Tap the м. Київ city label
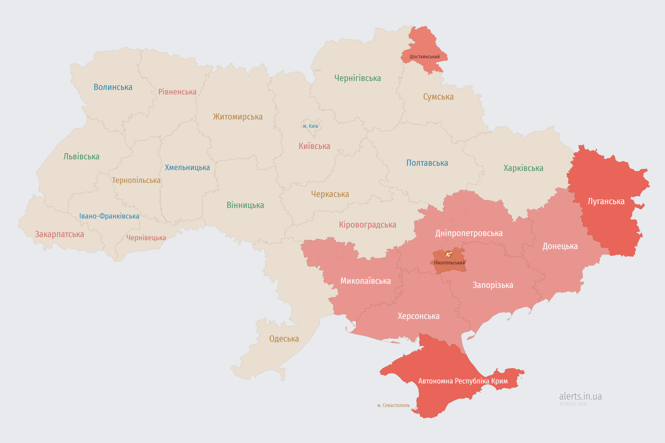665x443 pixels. (311, 126)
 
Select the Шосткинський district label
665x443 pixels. (424, 57)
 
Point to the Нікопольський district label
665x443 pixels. (449, 263)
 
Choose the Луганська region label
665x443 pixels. (606, 201)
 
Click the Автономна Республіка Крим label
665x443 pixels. (463, 381)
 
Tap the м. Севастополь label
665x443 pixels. (393, 405)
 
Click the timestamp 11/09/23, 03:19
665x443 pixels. (573, 404)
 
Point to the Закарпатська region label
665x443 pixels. (59, 234)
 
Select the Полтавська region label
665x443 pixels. (427, 163)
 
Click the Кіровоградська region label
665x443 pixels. (367, 225)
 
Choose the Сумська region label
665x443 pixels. (438, 97)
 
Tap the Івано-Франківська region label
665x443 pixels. (109, 216)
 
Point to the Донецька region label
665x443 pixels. (560, 246)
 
